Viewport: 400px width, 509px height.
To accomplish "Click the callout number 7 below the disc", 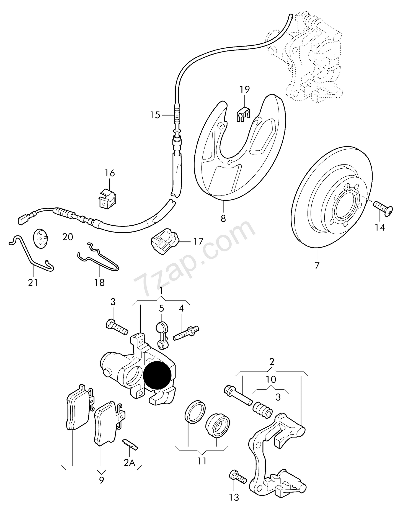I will click(317, 266).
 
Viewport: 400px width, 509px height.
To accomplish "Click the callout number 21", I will click(33, 283).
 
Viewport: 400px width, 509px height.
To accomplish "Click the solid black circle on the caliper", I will click(157, 375).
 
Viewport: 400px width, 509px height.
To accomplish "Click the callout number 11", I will click(202, 461).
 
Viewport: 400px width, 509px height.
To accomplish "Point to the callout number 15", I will click(155, 115).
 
